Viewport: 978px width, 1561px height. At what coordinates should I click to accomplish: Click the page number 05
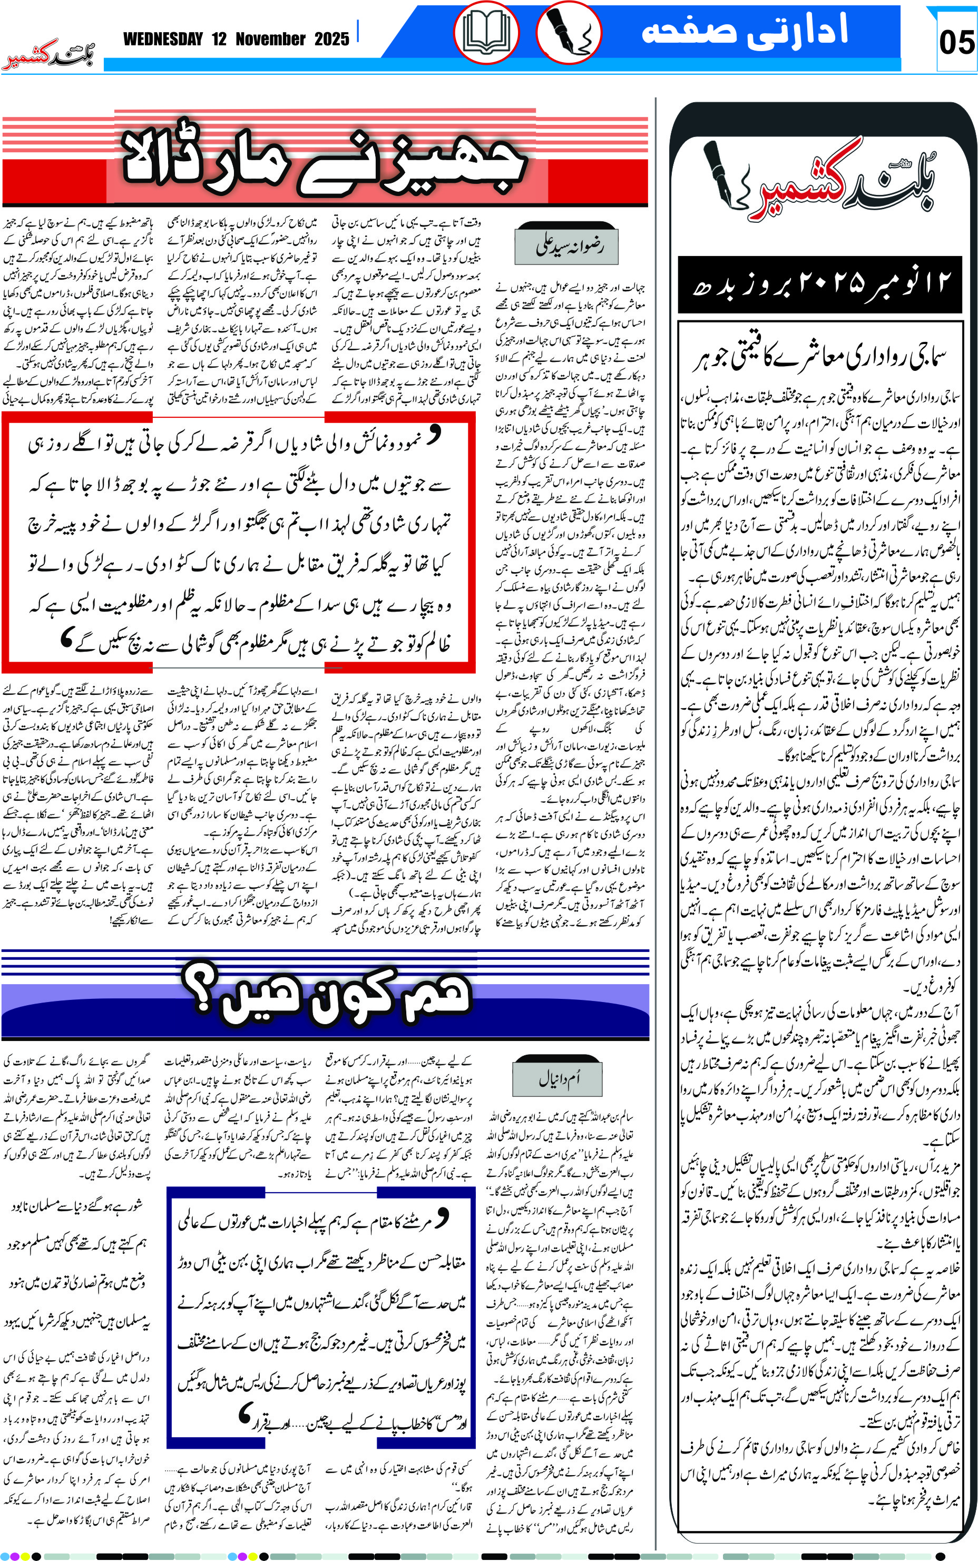pyautogui.click(x=956, y=43)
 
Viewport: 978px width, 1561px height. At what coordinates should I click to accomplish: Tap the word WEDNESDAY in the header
pyautogui.click(x=163, y=40)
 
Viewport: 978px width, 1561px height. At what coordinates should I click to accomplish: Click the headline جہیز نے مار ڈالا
pyautogui.click(x=324, y=162)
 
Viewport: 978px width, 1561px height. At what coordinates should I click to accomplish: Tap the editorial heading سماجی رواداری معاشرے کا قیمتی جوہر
pyautogui.click(x=819, y=358)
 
